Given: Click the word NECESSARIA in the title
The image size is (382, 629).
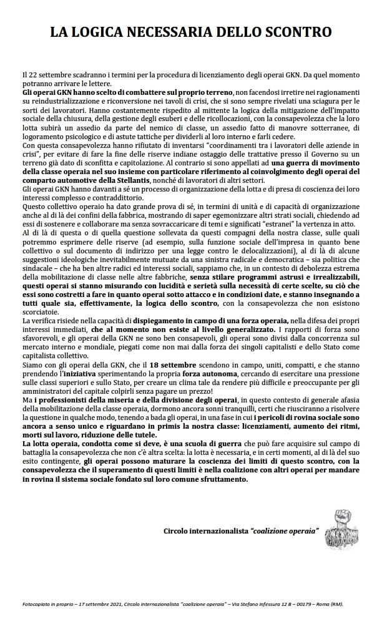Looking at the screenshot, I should pos(175,31).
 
